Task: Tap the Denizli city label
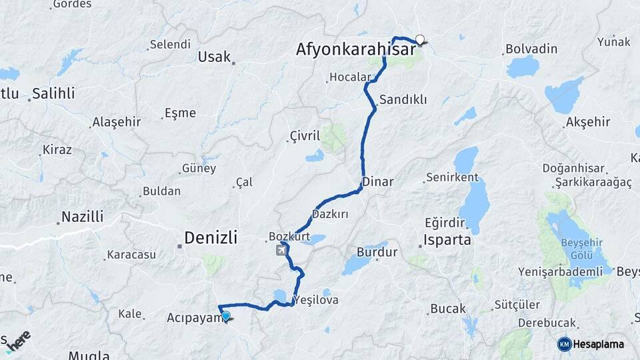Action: [x=211, y=237]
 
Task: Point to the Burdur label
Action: [x=377, y=253]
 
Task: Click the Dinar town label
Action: [x=378, y=181]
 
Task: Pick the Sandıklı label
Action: [x=403, y=99]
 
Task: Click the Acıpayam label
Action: [x=193, y=318]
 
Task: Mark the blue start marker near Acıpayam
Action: [x=226, y=316]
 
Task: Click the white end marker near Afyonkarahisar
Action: [x=420, y=39]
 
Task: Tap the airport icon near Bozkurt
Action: [x=282, y=250]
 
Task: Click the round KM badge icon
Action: [x=564, y=344]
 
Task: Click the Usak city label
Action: [x=214, y=57]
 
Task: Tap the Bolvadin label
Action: [x=531, y=49]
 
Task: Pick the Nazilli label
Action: [x=82, y=217]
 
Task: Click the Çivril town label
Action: [x=305, y=136]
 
